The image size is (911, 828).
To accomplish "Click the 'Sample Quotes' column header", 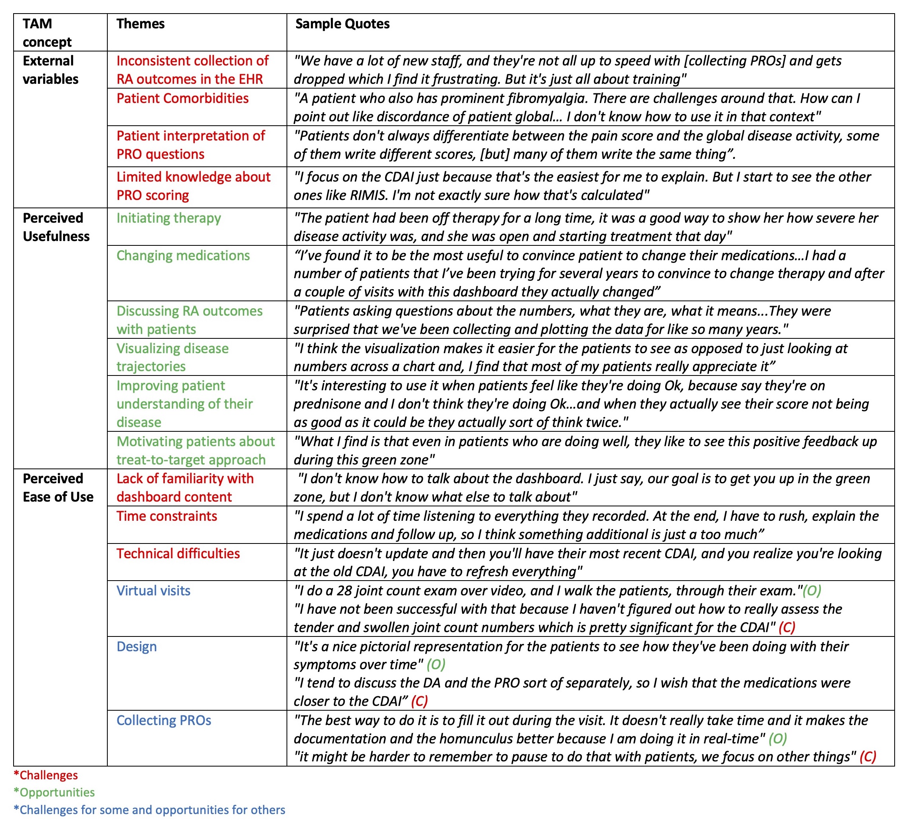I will pos(342,24).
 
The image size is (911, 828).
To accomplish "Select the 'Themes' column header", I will pos(140,24).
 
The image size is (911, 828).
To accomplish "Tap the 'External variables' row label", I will pos(50,69).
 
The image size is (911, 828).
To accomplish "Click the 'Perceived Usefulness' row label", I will pos(56,227).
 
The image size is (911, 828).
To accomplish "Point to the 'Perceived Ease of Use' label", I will pos(58,487).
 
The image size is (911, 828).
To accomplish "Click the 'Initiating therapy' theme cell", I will pos(168,218).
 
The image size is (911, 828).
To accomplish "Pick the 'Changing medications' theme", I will pos(183,255).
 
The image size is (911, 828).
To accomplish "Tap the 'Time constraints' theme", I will pos(166,516).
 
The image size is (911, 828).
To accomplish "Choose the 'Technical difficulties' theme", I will pos(178,553).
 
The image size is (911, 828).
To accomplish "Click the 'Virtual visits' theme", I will pos(153,590).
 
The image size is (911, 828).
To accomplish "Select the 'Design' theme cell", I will pos(136,646).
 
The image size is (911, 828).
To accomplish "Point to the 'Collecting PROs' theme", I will pos(164,720).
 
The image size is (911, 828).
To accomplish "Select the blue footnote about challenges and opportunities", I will pos(149,810).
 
